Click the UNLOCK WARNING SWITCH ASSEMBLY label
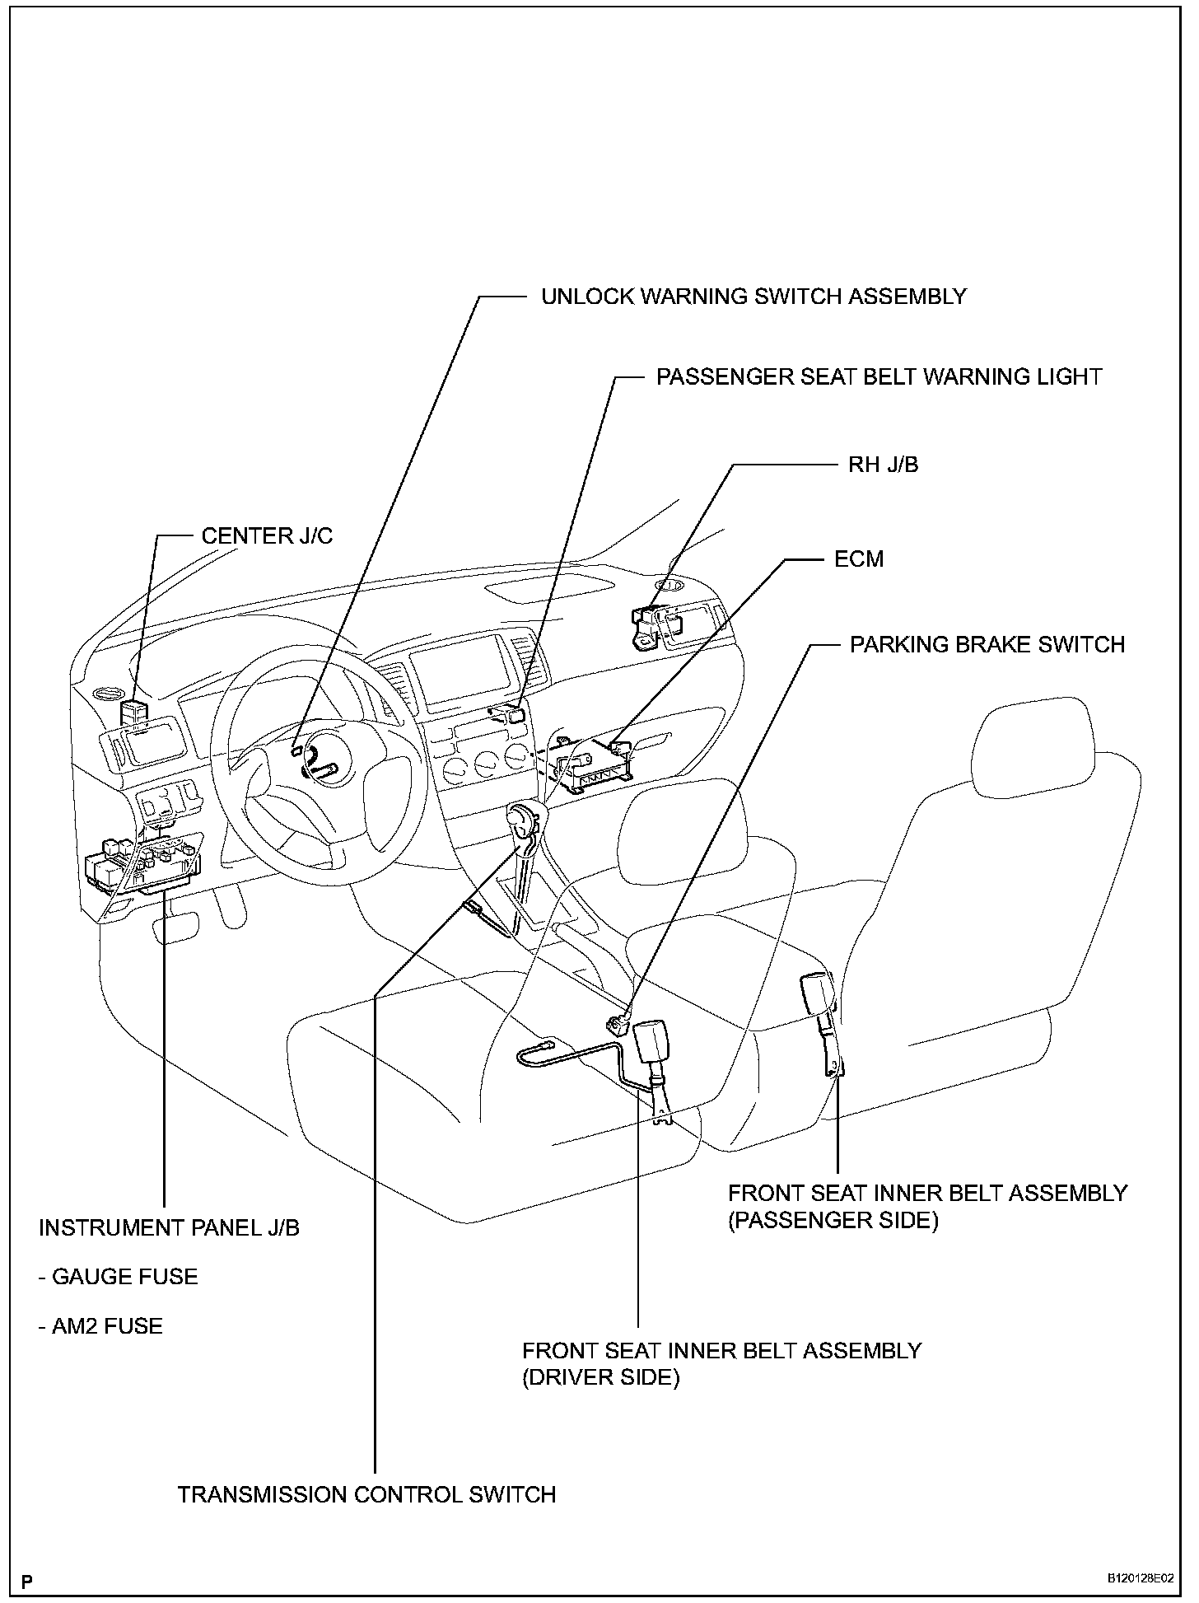753,297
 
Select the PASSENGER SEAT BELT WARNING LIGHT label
879,377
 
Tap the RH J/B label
883,465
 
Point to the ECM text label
859,559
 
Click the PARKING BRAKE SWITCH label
987,644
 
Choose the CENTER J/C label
267,536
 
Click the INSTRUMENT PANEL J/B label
169,1228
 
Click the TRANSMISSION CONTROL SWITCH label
366,1495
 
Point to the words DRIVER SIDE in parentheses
601,1378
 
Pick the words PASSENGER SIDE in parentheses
833,1220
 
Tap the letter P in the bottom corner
27,1582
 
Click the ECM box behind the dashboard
591,763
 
